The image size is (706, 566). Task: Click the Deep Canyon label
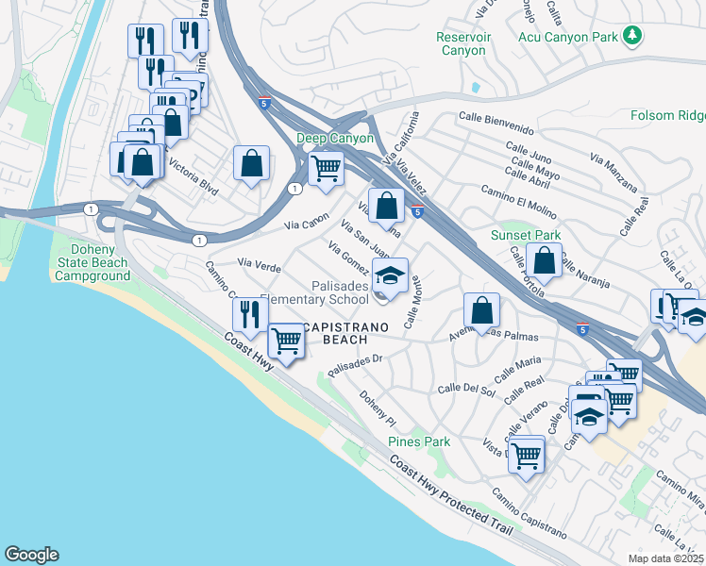tap(335, 139)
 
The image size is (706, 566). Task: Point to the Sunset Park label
tap(525, 235)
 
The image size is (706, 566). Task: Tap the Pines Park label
tap(419, 441)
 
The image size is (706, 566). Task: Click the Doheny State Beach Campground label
tap(92, 262)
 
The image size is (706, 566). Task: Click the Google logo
tap(31, 555)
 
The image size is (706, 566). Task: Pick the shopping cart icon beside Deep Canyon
tap(326, 168)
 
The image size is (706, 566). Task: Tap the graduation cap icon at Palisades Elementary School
tap(390, 275)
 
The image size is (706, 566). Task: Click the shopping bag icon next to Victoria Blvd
tap(252, 162)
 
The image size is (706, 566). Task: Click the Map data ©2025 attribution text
tap(665, 558)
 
